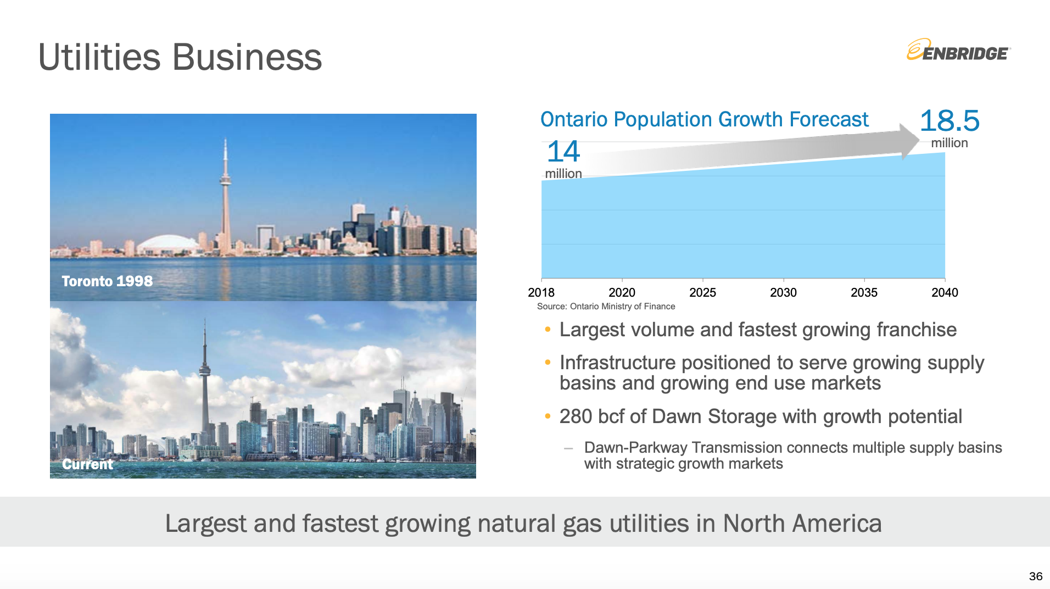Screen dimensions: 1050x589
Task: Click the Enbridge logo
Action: pyautogui.click(x=958, y=50)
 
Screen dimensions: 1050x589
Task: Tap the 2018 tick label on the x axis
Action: pyautogui.click(x=541, y=293)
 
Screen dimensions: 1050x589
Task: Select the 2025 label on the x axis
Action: pyautogui.click(x=702, y=293)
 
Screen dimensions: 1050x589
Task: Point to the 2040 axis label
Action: pyautogui.click(x=945, y=293)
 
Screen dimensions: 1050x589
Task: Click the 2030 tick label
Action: pyautogui.click(x=783, y=293)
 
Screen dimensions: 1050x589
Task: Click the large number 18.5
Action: pyautogui.click(x=950, y=120)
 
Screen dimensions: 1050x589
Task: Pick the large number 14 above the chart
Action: pyautogui.click(x=563, y=151)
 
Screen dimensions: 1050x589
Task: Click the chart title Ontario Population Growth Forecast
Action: pyautogui.click(x=704, y=119)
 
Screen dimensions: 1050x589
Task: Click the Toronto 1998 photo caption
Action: pyautogui.click(x=107, y=281)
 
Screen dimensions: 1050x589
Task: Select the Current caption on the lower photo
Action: pyautogui.click(x=87, y=464)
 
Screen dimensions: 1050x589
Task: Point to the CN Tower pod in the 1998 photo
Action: pyautogui.click(x=225, y=179)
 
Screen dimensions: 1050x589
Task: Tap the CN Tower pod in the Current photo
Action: pyautogui.click(x=205, y=371)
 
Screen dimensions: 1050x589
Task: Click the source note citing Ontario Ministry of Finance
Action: pyautogui.click(x=606, y=307)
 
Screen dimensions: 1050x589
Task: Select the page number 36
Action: pyautogui.click(x=1036, y=576)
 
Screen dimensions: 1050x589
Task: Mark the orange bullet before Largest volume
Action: pyautogui.click(x=548, y=329)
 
